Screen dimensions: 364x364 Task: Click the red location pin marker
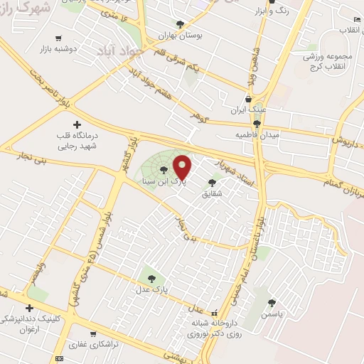click(x=183, y=167)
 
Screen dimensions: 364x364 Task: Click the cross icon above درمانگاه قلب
click(x=77, y=124)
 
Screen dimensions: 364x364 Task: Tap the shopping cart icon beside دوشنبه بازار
click(x=55, y=40)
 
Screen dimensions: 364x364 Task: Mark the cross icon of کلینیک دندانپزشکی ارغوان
click(x=29, y=309)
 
